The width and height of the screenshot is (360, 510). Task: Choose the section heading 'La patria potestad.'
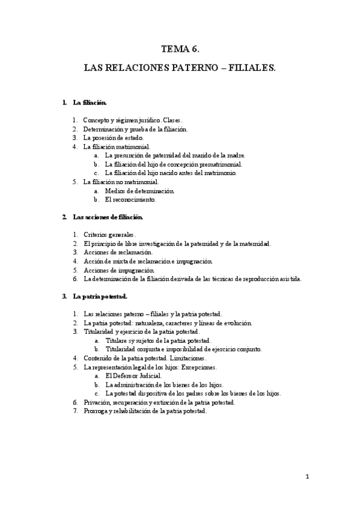[100, 296]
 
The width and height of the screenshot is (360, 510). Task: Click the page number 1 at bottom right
[306, 477]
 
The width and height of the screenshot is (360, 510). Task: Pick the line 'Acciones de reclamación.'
[117, 253]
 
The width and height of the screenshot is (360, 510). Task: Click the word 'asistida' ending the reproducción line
[288, 278]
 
